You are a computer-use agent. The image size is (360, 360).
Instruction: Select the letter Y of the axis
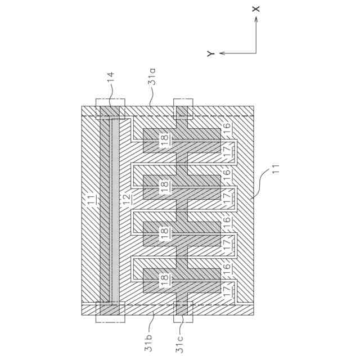point(209,53)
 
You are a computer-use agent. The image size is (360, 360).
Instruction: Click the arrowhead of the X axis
point(256,19)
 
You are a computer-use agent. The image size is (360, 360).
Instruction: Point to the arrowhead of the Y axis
point(221,53)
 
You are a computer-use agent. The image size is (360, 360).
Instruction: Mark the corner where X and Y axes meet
point(256,53)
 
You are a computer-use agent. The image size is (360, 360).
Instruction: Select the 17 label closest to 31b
point(227,291)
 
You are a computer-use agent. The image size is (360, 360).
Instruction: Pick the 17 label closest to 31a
point(227,152)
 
